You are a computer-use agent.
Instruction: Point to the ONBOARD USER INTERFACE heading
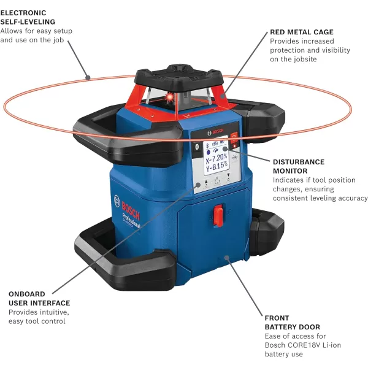click(x=39, y=298)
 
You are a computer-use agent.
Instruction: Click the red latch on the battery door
click(x=218, y=215)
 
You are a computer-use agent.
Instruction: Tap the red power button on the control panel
click(x=232, y=139)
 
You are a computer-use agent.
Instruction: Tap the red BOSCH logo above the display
click(x=218, y=133)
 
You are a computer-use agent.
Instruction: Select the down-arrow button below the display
click(x=229, y=182)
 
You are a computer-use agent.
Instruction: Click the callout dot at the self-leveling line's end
click(x=88, y=78)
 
